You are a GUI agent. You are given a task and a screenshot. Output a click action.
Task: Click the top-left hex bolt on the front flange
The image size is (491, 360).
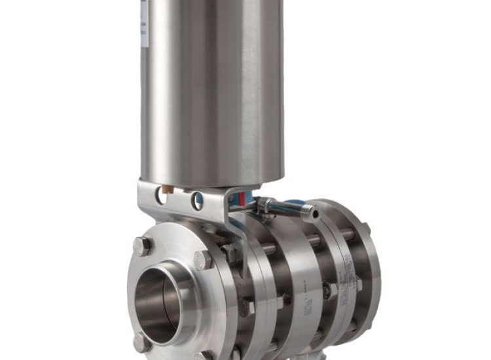tap(141, 246)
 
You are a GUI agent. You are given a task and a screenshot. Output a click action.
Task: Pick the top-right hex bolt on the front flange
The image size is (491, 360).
tap(203, 260)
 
